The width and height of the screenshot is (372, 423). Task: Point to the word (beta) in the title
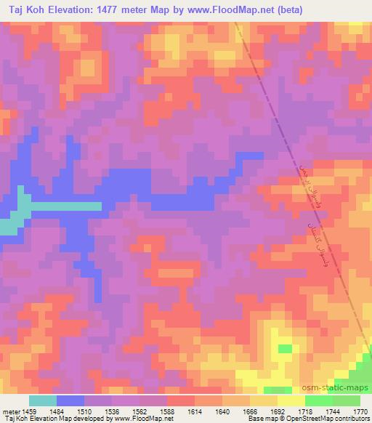click(287, 10)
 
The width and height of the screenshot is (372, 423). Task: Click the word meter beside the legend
click(11, 411)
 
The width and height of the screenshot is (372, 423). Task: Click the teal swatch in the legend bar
click(43, 400)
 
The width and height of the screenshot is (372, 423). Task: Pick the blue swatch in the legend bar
click(70, 400)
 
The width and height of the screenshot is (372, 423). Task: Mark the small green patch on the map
click(285, 349)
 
